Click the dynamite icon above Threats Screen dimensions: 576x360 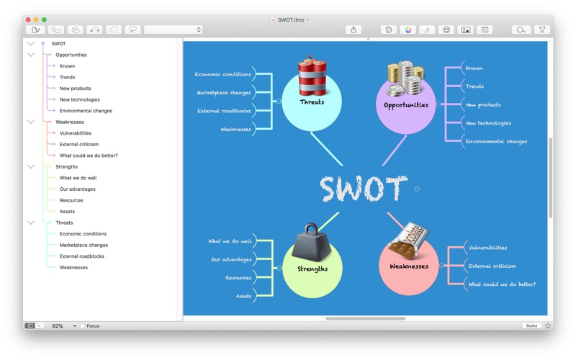point(312,76)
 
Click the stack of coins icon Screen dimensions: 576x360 point(405,78)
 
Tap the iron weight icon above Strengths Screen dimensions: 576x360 point(312,242)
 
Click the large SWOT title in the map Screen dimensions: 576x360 point(364,189)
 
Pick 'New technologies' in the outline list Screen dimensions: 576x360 point(80,99)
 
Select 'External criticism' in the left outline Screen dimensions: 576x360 point(79,145)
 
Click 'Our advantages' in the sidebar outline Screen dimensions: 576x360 point(78,189)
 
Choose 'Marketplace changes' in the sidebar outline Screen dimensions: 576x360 point(84,245)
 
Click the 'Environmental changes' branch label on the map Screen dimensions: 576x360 point(496,141)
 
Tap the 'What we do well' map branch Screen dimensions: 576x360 point(230,241)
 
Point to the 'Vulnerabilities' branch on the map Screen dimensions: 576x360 point(488,248)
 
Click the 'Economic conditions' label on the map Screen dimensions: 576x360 point(223,74)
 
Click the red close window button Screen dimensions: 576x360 point(28,19)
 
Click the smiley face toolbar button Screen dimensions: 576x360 point(446,30)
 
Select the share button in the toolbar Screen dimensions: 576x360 point(354,30)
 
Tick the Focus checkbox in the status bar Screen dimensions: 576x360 point(83,326)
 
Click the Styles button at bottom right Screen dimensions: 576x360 point(531,326)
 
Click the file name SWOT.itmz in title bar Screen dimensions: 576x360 point(291,20)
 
